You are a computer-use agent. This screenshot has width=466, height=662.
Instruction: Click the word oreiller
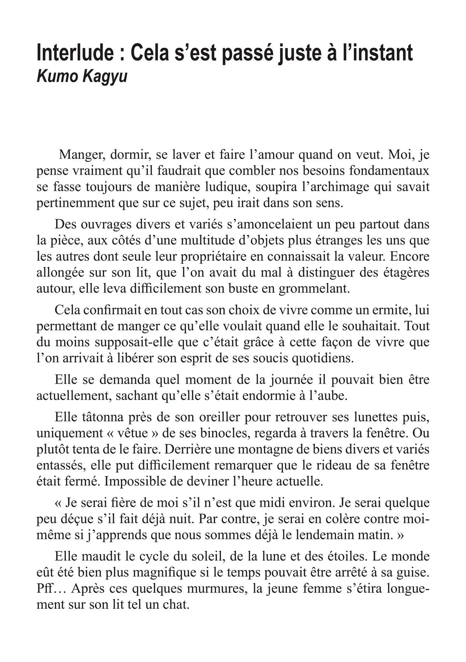[198, 417]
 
